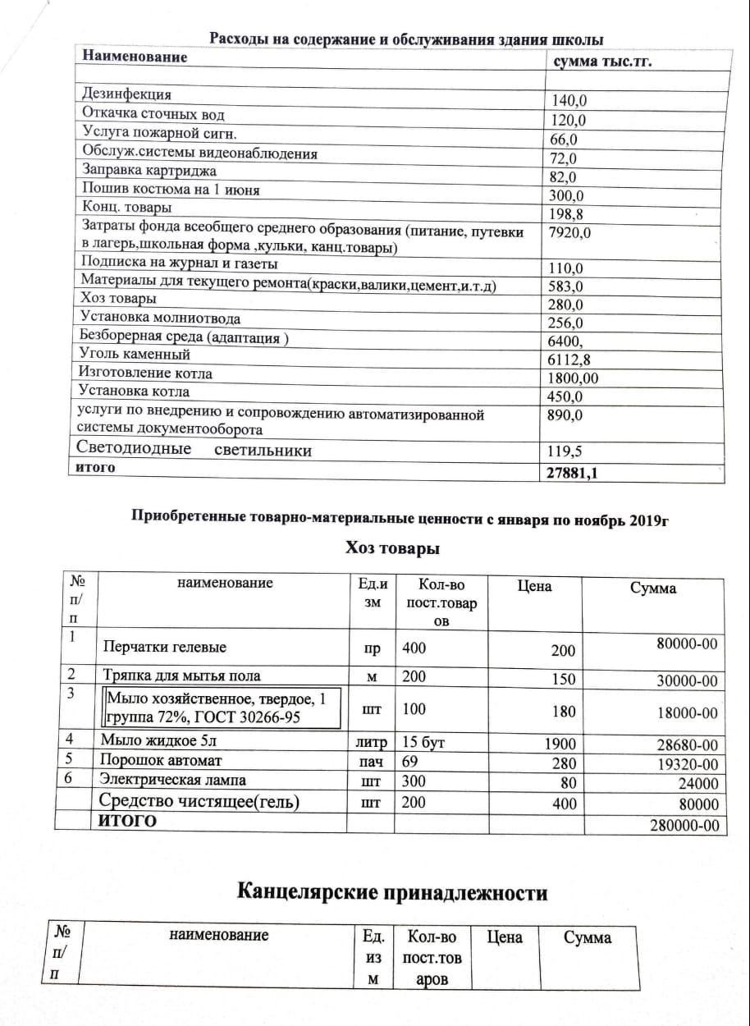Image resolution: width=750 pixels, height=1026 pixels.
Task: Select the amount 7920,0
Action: pos(570,232)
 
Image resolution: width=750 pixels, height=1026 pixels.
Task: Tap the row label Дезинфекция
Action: pos(126,94)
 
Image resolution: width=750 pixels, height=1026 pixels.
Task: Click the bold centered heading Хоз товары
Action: pos(392,548)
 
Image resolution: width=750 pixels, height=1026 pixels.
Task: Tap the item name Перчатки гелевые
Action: pos(164,648)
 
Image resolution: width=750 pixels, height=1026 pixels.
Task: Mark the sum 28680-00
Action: pos(688,745)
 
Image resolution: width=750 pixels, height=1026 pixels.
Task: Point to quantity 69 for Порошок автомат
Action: pos(410,762)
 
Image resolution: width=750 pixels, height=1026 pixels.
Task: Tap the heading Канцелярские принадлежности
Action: pos(392,892)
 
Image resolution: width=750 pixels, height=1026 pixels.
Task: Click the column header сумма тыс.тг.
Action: pos(603,62)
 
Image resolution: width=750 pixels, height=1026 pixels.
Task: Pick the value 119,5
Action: pos(565,451)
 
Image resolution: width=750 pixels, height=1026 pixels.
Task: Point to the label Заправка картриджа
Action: pos(149,171)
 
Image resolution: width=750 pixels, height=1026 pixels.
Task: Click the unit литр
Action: pos(371,744)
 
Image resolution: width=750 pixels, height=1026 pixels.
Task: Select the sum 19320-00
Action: pos(688,763)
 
